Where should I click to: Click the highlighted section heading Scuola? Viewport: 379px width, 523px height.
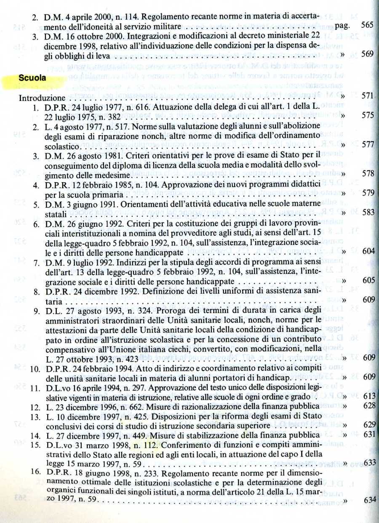(x=32, y=78)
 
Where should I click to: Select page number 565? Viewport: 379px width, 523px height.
(x=367, y=25)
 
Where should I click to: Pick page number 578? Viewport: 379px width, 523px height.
(x=368, y=173)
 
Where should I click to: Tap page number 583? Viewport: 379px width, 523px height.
(x=368, y=212)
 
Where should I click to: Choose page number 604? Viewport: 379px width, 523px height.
(x=368, y=251)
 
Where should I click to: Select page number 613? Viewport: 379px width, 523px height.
(x=368, y=397)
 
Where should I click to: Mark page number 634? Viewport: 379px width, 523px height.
(x=369, y=500)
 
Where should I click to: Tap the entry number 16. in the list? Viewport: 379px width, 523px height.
(x=37, y=472)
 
